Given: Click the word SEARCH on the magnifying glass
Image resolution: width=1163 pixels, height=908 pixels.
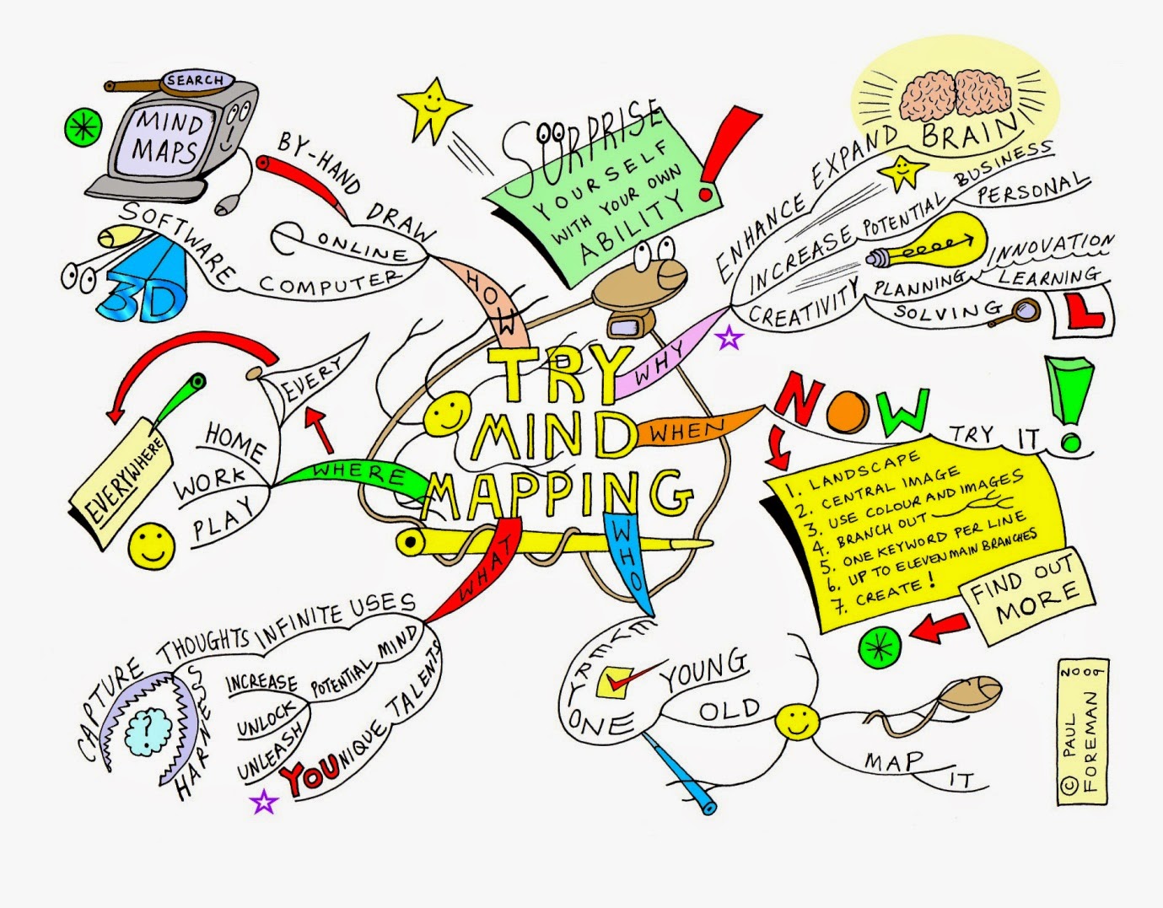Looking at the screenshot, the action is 195,81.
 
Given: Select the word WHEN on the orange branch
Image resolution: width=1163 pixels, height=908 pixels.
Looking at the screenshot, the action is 686,432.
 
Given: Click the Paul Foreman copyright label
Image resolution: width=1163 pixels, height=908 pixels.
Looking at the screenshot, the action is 1081,731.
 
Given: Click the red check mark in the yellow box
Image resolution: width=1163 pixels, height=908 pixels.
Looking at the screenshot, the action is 622,680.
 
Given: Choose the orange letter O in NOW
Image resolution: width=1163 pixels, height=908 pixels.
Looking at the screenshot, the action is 847,411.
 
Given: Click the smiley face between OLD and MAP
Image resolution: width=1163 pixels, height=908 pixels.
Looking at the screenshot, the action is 796,722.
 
